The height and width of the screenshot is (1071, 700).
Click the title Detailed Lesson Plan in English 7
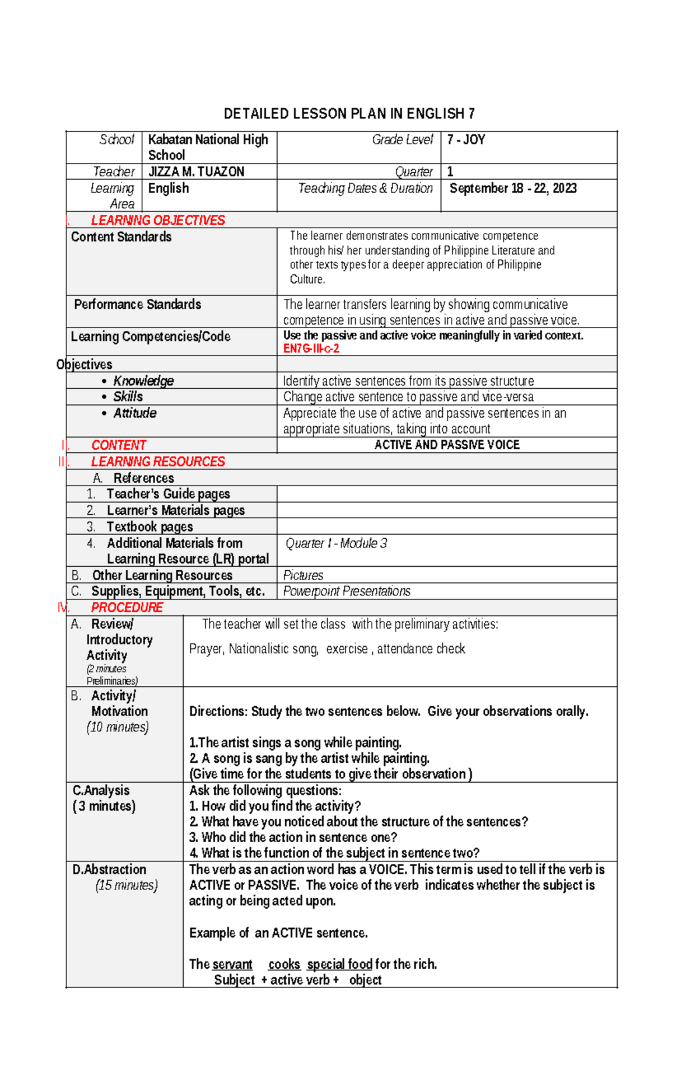(x=349, y=113)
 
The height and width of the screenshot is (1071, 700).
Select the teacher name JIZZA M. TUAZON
(x=196, y=172)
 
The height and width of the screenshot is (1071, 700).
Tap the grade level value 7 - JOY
(x=466, y=139)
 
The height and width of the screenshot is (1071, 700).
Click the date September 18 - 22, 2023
(x=513, y=188)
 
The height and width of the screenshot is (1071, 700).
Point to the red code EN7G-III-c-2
(x=311, y=348)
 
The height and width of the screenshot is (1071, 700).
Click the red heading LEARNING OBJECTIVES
(x=157, y=220)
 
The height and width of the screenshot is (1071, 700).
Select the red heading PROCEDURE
(x=127, y=608)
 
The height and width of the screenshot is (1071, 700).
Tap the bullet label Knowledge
(x=143, y=381)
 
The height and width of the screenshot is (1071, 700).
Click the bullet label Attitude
(x=135, y=413)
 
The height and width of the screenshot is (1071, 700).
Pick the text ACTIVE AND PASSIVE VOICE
(x=447, y=445)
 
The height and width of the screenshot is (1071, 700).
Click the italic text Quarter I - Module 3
(x=336, y=543)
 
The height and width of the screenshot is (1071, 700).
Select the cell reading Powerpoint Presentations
(x=346, y=591)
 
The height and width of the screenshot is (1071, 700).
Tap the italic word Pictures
(x=303, y=575)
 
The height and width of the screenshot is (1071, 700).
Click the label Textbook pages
(x=149, y=526)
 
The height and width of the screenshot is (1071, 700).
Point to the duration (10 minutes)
(x=117, y=727)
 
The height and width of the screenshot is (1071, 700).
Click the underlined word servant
(x=232, y=964)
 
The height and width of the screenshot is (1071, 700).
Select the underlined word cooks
(x=284, y=964)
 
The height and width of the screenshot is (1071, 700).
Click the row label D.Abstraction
(x=109, y=869)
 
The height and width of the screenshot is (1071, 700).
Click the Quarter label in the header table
(x=414, y=172)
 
